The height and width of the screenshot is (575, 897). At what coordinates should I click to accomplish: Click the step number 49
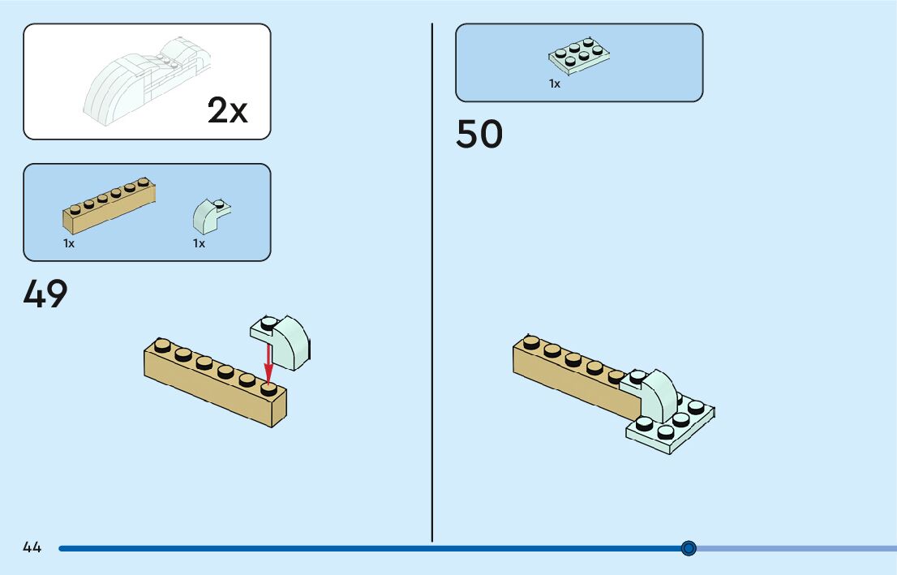(45, 294)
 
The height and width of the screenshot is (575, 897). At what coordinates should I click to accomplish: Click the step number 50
(479, 135)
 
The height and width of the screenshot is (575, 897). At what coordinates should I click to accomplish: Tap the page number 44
(32, 547)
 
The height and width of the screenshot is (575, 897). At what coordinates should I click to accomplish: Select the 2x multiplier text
(227, 111)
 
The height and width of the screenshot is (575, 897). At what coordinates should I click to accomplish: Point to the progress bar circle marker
(689, 548)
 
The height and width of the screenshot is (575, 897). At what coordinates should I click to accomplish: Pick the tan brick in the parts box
(109, 206)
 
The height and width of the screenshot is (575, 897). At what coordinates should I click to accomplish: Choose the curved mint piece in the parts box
(209, 215)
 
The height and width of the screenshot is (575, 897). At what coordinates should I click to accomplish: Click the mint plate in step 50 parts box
(579, 56)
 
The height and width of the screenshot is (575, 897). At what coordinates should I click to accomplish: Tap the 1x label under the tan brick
(69, 243)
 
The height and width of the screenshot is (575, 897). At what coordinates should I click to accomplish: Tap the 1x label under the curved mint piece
(199, 243)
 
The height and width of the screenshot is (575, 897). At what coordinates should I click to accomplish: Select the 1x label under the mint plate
(555, 84)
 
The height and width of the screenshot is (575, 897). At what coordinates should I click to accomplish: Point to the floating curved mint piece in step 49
(284, 341)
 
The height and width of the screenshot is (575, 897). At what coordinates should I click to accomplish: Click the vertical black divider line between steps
(431, 284)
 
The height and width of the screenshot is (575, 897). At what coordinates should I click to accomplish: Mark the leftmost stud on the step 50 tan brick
(531, 341)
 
